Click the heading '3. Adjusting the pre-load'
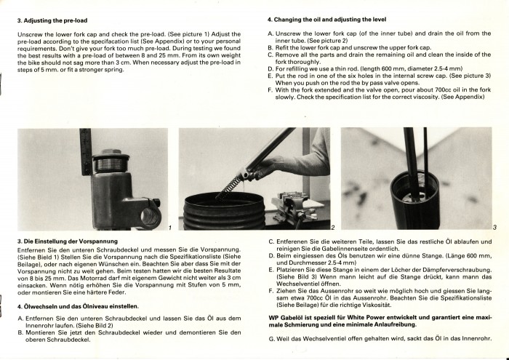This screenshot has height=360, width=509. [52, 20]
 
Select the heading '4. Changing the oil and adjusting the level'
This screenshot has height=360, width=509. [326, 20]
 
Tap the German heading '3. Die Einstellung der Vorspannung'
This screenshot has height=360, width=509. [68, 241]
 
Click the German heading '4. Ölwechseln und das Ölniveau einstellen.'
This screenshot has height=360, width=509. [78, 306]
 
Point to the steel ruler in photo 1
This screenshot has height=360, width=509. [85, 151]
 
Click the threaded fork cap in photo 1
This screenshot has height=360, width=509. [109, 161]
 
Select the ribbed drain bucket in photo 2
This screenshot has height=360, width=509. [225, 211]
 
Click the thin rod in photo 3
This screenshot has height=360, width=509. [425, 162]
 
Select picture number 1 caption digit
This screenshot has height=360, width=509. [170, 228]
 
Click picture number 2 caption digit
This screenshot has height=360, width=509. [333, 228]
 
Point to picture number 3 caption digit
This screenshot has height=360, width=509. [494, 228]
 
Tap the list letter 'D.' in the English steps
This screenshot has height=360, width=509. [270, 69]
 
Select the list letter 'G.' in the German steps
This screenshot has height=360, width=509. [272, 339]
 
